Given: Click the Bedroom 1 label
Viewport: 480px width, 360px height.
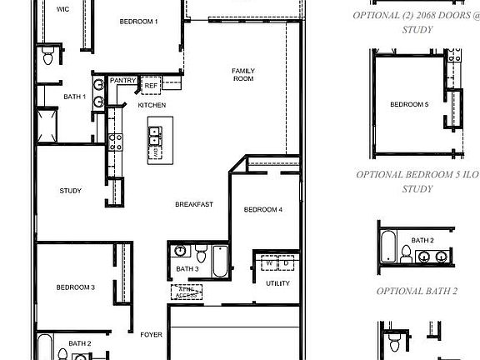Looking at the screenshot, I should pos(138,22).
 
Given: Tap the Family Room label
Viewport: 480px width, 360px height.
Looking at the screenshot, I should pos(242,74).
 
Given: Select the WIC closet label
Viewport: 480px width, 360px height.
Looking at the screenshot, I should pos(62,9).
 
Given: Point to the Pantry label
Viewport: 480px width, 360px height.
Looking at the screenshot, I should pos(122,81).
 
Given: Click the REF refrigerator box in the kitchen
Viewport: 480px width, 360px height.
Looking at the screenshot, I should pos(151,86).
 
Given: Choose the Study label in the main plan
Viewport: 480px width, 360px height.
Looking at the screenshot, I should pos(70,191).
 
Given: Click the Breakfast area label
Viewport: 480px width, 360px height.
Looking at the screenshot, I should pos(194,204).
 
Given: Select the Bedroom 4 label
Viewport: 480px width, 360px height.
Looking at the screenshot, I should pos(263,210).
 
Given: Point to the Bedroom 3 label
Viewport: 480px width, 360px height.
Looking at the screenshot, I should pos(75,287).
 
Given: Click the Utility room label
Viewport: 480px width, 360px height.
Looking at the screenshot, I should pos(277,283).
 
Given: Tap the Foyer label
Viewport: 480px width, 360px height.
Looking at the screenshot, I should pos(151,335).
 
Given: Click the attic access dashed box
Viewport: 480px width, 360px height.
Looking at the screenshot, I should pos(186,292).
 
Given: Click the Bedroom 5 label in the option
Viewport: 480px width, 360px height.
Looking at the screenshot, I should pos(409,105).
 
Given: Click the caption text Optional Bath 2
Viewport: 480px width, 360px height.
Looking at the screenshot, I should pos(417,291).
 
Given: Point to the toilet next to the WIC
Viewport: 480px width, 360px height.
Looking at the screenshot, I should pos(47,57).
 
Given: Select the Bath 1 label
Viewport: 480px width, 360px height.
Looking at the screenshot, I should pos(74,97).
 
